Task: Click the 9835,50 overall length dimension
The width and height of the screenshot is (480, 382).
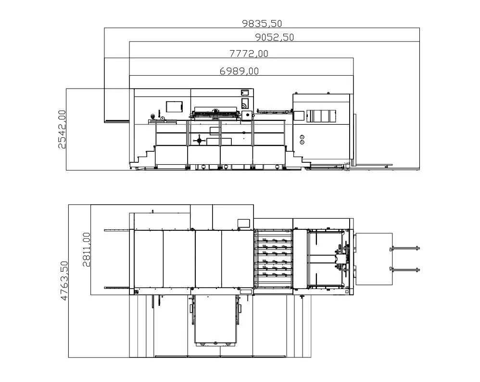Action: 262,23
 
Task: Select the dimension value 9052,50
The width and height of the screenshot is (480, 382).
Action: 275,37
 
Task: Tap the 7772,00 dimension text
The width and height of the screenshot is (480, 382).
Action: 249,53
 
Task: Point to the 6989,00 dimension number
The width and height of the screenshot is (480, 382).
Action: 239,71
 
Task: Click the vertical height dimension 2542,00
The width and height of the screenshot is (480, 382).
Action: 62,129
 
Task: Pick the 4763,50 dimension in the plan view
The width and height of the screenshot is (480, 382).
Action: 64,280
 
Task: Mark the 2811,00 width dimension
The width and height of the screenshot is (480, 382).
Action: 87,249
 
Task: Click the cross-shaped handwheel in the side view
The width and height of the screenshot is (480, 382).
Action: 199,140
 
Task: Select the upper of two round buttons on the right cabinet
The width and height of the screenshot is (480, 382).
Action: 302,137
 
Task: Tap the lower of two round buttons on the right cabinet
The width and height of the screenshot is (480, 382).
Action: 302,142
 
